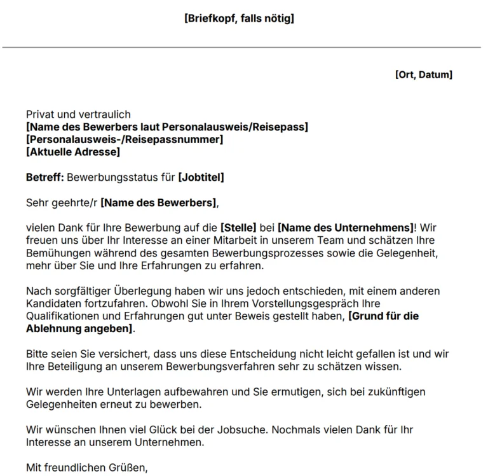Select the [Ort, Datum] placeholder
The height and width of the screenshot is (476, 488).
pyautogui.click(x=423, y=74)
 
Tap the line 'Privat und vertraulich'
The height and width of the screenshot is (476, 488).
pyautogui.click(x=76, y=115)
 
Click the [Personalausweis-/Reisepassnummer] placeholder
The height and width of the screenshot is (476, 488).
pyautogui.click(x=125, y=139)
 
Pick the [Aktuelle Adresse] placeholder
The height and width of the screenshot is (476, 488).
pyautogui.click(x=73, y=152)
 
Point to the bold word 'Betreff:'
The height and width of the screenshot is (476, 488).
pyautogui.click(x=44, y=178)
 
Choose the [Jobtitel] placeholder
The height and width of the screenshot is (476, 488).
pyautogui.click(x=201, y=178)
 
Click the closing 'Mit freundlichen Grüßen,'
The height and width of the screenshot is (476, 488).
pyautogui.click(x=87, y=468)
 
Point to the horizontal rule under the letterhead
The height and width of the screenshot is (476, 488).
pyautogui.click(x=241, y=47)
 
